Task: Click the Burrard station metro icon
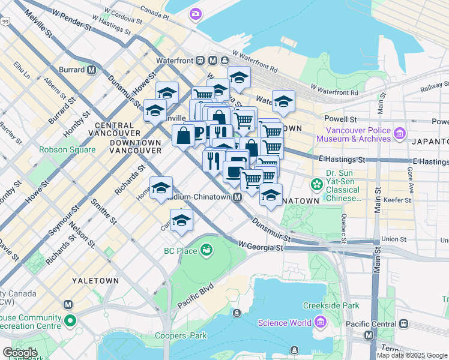92,70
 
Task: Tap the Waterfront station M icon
214,61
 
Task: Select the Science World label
285,323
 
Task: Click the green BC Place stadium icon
207,249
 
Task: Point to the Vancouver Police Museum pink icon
400,133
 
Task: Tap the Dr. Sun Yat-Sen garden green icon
316,185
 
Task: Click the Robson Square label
67,149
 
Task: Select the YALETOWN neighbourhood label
95,280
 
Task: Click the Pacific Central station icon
404,324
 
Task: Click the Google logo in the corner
20,352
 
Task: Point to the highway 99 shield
5,21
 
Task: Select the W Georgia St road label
260,246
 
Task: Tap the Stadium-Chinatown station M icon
238,197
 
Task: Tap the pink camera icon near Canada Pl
196,14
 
